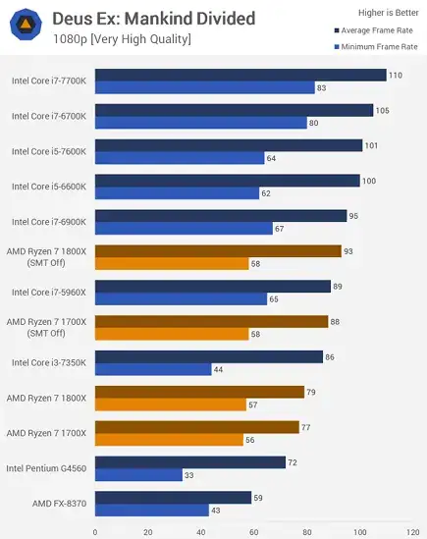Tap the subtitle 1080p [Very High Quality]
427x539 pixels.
tap(122, 39)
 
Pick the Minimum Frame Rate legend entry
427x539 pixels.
tap(374, 46)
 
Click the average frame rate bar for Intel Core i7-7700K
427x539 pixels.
tap(240, 75)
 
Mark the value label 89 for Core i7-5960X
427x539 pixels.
tap(339, 287)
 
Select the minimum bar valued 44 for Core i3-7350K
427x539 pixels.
tap(152, 370)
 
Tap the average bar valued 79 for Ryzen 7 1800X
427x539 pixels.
tap(199, 392)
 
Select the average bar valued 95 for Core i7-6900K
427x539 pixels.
tap(221, 216)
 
